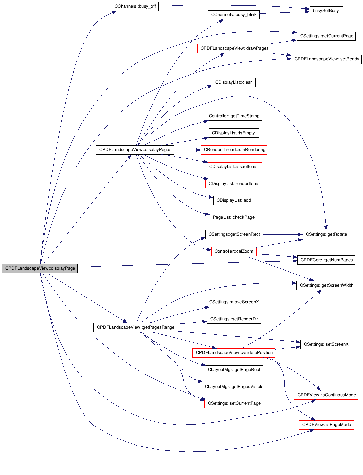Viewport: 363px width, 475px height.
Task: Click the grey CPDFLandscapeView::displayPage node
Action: [x=40, y=268]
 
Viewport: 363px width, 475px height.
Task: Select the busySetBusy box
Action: [x=326, y=11]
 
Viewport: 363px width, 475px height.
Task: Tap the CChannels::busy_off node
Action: [x=135, y=6]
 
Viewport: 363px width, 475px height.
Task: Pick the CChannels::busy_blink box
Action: [x=234, y=15]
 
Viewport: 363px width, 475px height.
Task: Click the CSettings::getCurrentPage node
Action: [x=326, y=36]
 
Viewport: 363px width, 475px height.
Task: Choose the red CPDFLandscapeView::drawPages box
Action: [x=234, y=48]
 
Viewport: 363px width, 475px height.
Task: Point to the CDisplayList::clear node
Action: [x=234, y=82]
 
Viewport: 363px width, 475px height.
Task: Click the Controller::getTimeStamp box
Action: [x=234, y=116]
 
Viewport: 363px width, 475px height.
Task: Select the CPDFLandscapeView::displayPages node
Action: [x=135, y=150]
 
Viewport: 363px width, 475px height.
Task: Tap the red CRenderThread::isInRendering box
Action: [x=234, y=150]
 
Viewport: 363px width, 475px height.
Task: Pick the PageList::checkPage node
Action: [x=234, y=217]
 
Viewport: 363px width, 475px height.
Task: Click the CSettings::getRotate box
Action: [x=326, y=234]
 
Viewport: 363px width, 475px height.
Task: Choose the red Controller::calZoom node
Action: [x=234, y=251]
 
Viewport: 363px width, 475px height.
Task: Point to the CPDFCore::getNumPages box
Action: [x=326, y=260]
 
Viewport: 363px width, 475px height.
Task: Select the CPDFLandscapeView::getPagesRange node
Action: [x=135, y=327]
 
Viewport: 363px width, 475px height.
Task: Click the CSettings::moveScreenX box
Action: [x=234, y=302]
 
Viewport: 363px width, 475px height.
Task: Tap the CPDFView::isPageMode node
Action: [x=326, y=425]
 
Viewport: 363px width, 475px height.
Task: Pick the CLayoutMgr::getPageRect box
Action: [x=234, y=370]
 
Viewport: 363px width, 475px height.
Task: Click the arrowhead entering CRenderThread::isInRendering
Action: [x=198, y=150]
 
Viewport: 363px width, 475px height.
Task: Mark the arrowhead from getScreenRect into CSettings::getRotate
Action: [x=300, y=234]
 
